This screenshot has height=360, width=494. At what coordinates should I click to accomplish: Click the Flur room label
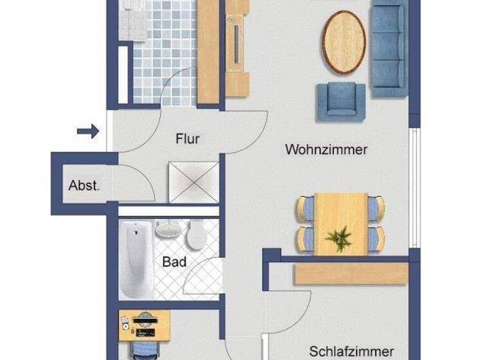coord(187,138)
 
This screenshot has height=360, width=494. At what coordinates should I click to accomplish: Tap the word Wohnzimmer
coord(326,150)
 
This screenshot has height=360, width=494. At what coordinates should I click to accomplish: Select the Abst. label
coord(84,186)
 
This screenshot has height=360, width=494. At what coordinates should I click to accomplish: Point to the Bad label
coord(174,262)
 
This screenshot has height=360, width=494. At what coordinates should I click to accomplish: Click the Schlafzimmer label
coord(351,351)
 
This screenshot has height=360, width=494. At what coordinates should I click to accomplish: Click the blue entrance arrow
coord(88,131)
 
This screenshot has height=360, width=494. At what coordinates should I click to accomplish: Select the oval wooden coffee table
coord(343,42)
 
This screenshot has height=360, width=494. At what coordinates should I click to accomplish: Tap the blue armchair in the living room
coord(340,102)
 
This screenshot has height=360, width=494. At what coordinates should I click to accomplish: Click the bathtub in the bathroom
coord(136,258)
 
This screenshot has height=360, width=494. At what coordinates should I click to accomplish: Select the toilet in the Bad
coord(194,235)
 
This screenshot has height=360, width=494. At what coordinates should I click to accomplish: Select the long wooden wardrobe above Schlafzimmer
coord(351,273)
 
